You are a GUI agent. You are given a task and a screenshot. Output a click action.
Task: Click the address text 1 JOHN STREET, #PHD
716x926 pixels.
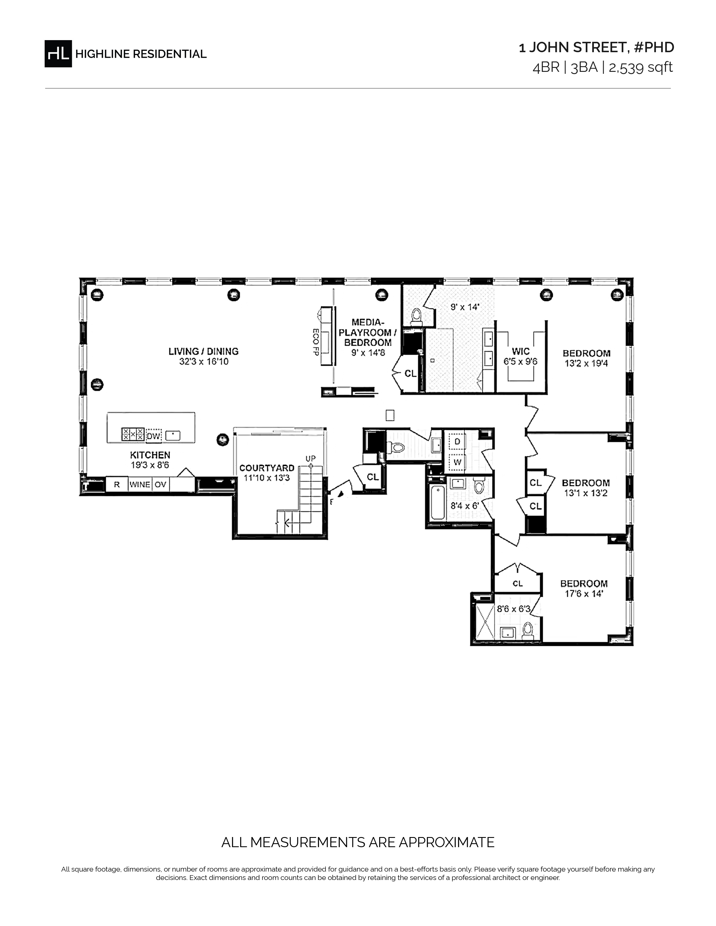point(596,47)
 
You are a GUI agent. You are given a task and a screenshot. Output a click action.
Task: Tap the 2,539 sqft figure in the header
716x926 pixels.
point(640,67)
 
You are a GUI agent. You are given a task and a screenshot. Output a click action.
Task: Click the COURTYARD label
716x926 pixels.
point(267,468)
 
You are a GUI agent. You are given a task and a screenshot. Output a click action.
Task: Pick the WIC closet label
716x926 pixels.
point(521,352)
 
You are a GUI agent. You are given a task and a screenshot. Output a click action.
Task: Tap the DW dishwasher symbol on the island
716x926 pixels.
point(154,436)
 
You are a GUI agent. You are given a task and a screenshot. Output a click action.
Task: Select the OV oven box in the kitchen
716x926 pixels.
point(160,484)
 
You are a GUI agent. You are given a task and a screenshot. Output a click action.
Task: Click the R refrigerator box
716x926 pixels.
point(117,484)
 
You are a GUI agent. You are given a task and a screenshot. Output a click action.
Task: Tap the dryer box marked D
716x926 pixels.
point(457,442)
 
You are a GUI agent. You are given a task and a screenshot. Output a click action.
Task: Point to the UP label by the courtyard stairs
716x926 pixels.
point(311,458)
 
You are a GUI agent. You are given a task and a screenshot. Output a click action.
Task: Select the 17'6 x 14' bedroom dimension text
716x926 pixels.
point(584,593)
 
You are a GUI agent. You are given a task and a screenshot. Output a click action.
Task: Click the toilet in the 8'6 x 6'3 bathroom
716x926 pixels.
point(528,631)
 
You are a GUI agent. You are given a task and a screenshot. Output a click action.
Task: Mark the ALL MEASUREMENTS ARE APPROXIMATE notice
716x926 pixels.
point(358,842)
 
